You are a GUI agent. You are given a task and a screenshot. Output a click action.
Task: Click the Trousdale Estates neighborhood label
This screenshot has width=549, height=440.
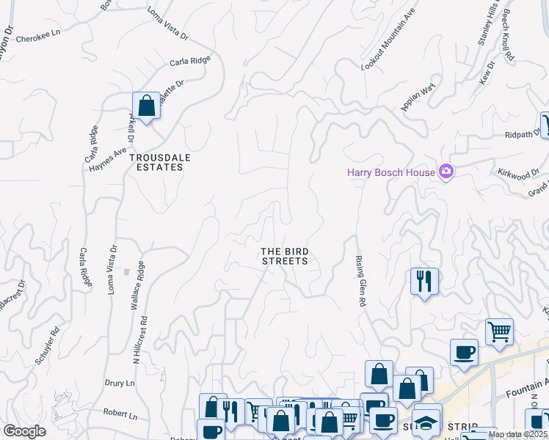click(156, 162)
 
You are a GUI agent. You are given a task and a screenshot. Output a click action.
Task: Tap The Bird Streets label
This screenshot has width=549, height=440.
click(283, 256)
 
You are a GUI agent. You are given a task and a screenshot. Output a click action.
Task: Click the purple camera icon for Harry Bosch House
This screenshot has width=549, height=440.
click(446, 172)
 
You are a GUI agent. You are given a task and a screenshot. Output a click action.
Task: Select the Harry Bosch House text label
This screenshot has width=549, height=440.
click(391, 173)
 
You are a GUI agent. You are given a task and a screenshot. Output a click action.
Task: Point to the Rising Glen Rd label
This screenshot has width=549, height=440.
click(361, 282)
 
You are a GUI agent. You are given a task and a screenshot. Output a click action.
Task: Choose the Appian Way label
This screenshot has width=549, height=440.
click(418, 98)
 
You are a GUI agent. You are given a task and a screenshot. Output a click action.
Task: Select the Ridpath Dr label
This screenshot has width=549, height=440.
click(522, 135)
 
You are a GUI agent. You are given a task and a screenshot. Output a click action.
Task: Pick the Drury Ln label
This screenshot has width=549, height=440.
click(119, 383)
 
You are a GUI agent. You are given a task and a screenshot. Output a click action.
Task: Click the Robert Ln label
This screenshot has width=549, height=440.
click(120, 414)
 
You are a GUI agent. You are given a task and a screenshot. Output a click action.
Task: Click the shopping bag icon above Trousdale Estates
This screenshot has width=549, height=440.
click(146, 106)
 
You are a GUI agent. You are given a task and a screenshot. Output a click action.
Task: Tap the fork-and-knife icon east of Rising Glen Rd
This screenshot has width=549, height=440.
click(424, 281)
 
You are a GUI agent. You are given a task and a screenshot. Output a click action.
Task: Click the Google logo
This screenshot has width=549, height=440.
click(24, 430)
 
